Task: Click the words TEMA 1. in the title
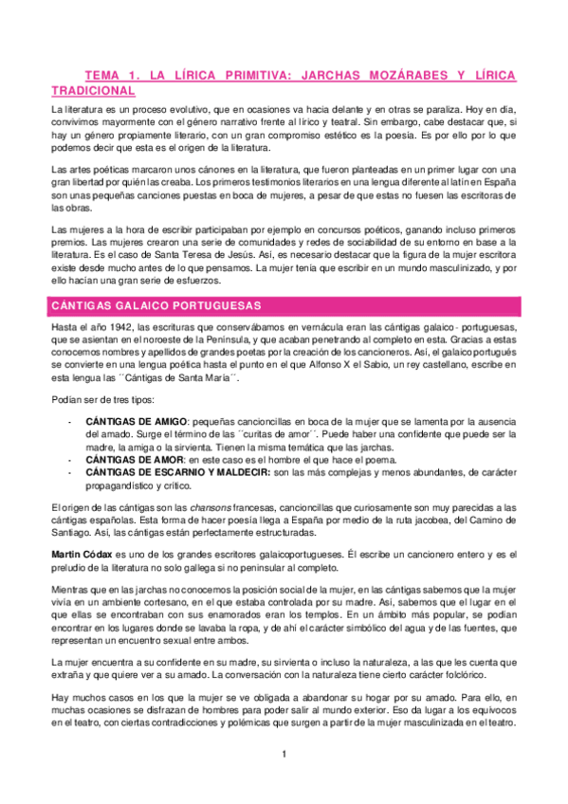point(110,74)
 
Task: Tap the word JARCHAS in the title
point(346,74)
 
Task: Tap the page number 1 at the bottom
point(284,755)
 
